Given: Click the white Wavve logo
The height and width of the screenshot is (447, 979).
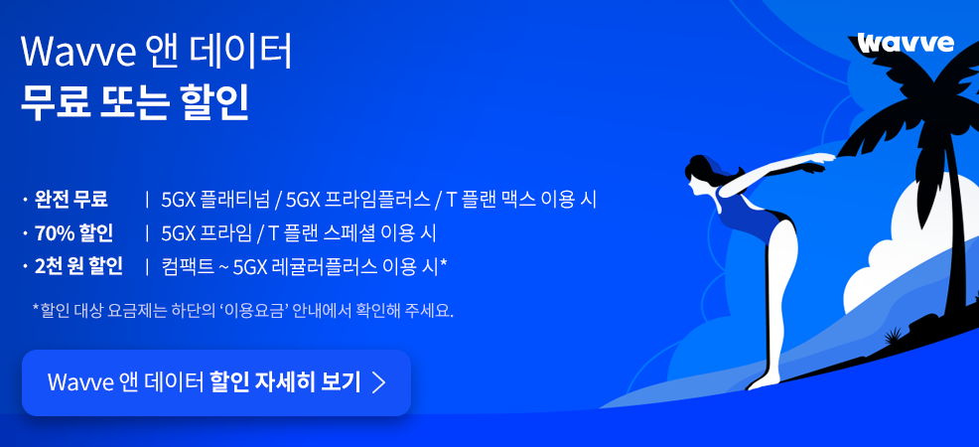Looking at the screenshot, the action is click(906, 43).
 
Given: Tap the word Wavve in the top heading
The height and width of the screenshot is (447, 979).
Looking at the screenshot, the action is click(78, 53).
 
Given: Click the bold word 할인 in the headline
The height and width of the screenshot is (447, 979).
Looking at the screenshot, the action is click(214, 102).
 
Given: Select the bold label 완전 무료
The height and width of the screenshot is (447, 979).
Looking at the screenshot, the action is click(71, 200).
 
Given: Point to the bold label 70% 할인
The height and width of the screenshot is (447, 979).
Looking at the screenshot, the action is click(73, 233).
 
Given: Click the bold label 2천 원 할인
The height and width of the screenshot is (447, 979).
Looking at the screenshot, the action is click(78, 266).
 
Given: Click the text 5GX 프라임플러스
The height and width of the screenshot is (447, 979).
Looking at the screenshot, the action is click(357, 200).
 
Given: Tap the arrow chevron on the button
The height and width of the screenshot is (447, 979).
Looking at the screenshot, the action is click(378, 382).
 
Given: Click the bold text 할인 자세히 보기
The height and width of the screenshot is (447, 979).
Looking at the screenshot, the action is click(286, 382).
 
